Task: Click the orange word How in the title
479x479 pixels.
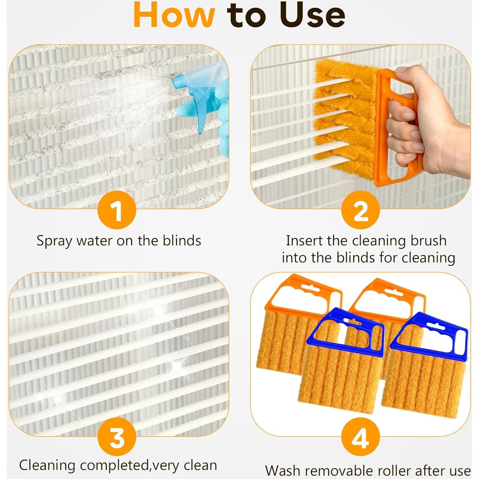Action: tap(174, 15)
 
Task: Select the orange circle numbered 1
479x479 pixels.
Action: tap(117, 211)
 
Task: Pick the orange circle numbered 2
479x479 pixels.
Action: tap(360, 211)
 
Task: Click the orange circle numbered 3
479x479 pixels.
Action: tap(117, 437)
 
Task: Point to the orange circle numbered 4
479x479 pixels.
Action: tap(360, 437)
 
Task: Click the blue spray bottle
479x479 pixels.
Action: tap(195, 98)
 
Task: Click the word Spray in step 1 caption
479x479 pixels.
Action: tap(54, 241)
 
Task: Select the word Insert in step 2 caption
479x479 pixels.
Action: tap(304, 241)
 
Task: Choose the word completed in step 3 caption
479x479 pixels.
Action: tap(114, 466)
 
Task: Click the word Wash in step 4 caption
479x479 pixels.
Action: tap(283, 470)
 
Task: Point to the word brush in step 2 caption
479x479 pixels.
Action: tap(428, 241)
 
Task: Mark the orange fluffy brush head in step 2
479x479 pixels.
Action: tap(343, 118)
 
